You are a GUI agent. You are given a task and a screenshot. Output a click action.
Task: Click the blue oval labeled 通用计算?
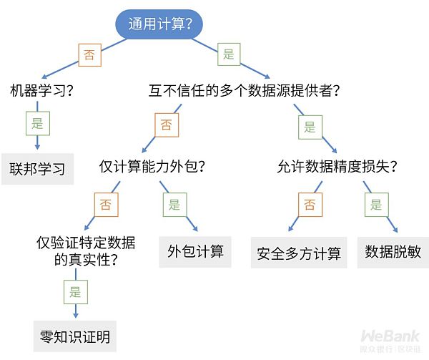[x=159, y=24]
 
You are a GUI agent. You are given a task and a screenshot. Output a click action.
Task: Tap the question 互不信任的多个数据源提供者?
[x=244, y=92]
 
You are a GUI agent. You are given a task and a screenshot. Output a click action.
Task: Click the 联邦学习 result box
[x=37, y=169]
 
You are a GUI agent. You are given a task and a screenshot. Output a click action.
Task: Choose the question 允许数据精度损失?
[x=337, y=167]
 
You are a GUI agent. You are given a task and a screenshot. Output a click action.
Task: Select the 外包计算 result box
[x=195, y=251]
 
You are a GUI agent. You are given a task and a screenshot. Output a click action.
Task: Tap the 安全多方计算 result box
[x=299, y=253]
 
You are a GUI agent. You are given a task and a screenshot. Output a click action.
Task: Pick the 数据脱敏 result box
[x=393, y=252]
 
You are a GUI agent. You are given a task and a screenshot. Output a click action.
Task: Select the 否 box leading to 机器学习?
[x=89, y=55]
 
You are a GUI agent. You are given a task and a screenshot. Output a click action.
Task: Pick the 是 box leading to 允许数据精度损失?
[x=310, y=127]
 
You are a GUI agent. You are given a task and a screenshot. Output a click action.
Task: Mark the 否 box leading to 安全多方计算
[x=310, y=205]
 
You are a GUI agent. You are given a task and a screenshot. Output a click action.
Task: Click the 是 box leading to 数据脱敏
[x=376, y=205]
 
